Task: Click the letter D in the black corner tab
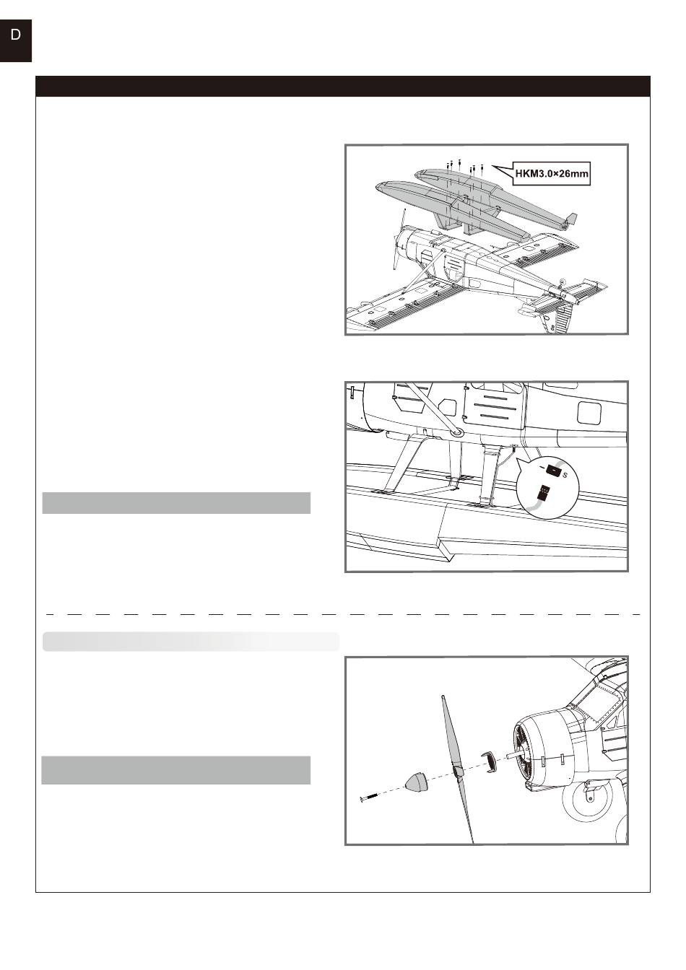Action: (x=15, y=35)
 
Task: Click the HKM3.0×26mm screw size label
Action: (x=551, y=174)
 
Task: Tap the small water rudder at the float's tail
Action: (x=572, y=219)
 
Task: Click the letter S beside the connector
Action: (x=565, y=475)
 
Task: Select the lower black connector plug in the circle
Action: (x=543, y=493)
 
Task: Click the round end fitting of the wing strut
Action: (x=456, y=432)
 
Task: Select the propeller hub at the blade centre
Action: (x=458, y=770)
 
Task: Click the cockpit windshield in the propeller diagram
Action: (x=600, y=700)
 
